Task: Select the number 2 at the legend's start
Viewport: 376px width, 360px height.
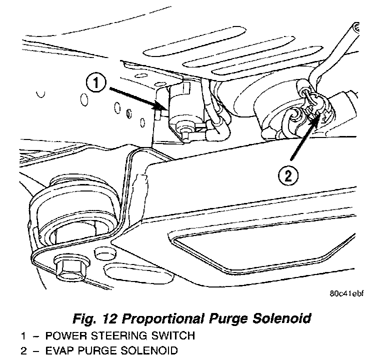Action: click(x=23, y=351)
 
